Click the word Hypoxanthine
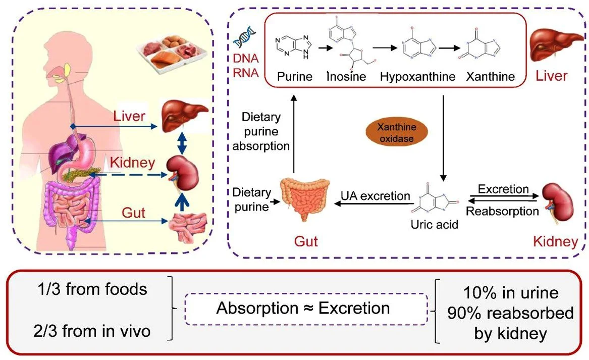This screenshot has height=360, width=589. click(418, 77)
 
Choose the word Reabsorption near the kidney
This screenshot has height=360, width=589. click(502, 211)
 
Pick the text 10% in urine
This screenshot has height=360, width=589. click(511, 292)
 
